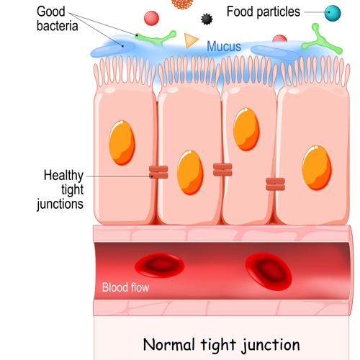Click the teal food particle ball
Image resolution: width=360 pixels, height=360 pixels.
point(333,13)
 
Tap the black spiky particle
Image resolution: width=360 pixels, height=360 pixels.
point(207,19)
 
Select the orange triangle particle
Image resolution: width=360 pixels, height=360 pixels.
point(191,40)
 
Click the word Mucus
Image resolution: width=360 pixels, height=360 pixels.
point(224,46)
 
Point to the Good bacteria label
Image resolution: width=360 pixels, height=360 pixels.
point(58,19)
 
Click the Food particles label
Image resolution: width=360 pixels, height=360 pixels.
point(264,12)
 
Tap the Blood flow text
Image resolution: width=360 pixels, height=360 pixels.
point(125,287)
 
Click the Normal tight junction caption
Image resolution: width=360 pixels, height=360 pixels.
point(221,345)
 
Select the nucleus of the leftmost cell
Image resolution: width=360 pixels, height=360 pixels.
point(122,143)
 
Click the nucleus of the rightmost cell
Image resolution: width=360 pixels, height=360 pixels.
point(317,168)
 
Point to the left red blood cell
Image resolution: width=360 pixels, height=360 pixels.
point(160,265)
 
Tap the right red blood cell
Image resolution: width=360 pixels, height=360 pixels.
point(269,271)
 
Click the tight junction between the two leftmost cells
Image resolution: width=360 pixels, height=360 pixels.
point(158,172)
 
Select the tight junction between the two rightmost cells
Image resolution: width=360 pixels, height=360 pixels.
point(275,184)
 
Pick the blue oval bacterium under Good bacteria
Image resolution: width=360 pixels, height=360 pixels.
point(113,50)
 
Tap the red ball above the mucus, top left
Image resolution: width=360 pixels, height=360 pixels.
point(151,18)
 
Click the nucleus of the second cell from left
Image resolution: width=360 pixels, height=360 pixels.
point(190,172)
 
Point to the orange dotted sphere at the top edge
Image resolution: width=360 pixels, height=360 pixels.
point(182,4)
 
